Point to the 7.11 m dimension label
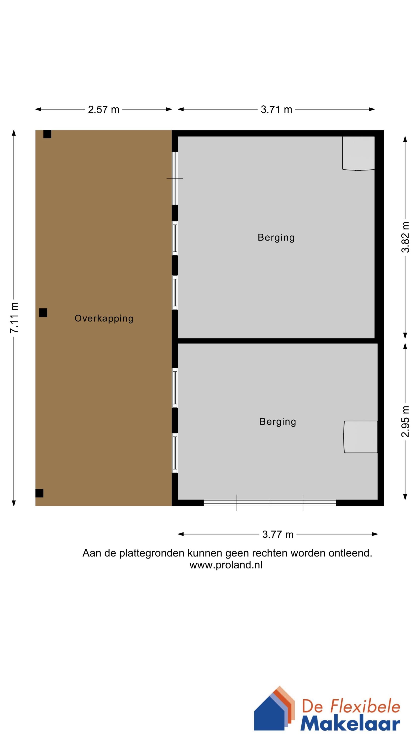point(14,318)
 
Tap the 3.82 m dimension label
point(405,237)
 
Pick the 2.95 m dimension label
point(405,421)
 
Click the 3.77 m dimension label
point(278,535)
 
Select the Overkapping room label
point(104,318)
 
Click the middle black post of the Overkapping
point(43,313)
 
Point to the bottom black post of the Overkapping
point(39,493)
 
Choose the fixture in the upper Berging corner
point(358,153)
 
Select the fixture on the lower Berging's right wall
point(361,437)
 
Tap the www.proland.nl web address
point(226,565)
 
